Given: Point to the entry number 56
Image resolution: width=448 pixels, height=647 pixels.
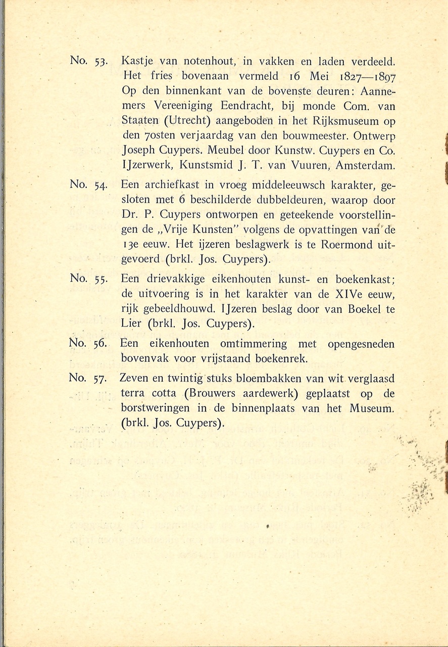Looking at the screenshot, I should pos(99,344).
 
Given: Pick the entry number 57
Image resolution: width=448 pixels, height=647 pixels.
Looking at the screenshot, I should pos(99,378).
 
